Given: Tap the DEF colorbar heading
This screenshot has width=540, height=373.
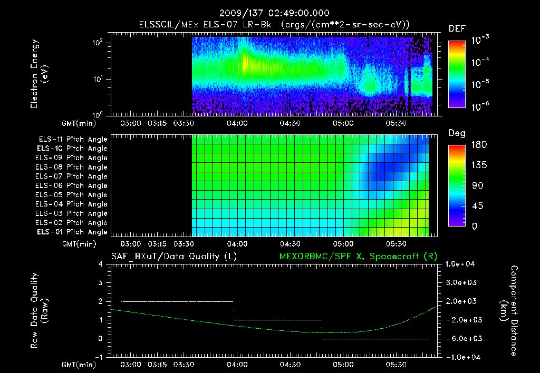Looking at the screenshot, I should pyautogui.click(x=456, y=28).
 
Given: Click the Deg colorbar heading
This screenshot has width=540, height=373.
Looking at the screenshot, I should pyautogui.click(x=456, y=133).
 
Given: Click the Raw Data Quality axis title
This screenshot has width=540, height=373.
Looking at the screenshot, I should pyautogui.click(x=39, y=311).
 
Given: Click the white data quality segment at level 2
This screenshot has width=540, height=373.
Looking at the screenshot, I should pyautogui.click(x=177, y=301).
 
